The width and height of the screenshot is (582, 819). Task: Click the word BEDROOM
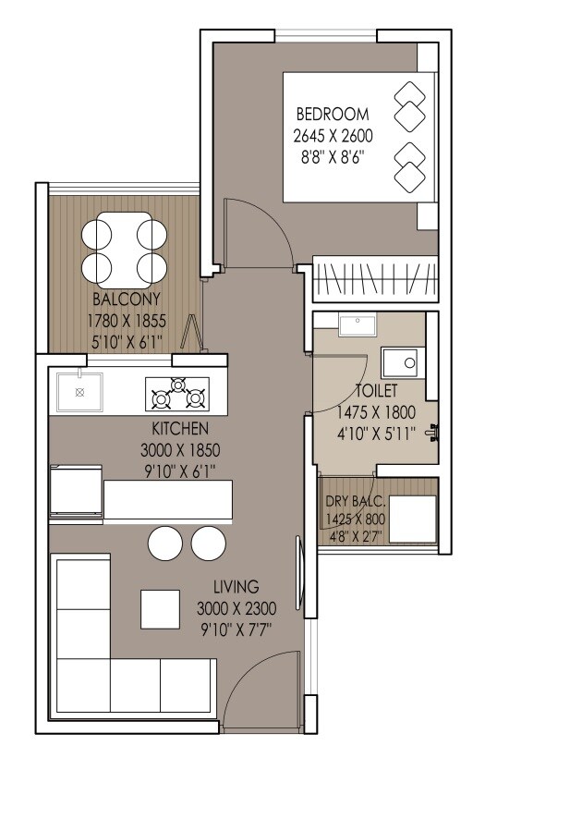click(x=332, y=115)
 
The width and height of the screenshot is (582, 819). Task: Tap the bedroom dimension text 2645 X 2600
click(x=332, y=136)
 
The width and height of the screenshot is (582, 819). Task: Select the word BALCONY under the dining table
click(x=127, y=299)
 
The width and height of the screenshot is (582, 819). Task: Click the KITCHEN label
click(x=180, y=429)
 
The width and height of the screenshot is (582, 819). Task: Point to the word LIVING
click(x=236, y=587)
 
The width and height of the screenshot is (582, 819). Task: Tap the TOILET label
click(x=377, y=391)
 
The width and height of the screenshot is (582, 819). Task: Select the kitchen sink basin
click(x=79, y=393)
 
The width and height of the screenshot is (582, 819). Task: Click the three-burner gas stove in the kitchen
click(x=176, y=394)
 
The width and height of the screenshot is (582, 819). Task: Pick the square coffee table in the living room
click(x=160, y=608)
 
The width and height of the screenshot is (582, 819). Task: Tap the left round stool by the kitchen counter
click(x=166, y=543)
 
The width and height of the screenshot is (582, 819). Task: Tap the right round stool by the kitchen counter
click(x=209, y=543)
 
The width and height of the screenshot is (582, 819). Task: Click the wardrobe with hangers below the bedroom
click(x=374, y=278)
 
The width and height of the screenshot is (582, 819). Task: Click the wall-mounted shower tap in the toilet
click(x=434, y=431)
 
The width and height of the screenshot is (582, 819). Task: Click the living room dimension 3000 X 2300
click(x=236, y=608)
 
